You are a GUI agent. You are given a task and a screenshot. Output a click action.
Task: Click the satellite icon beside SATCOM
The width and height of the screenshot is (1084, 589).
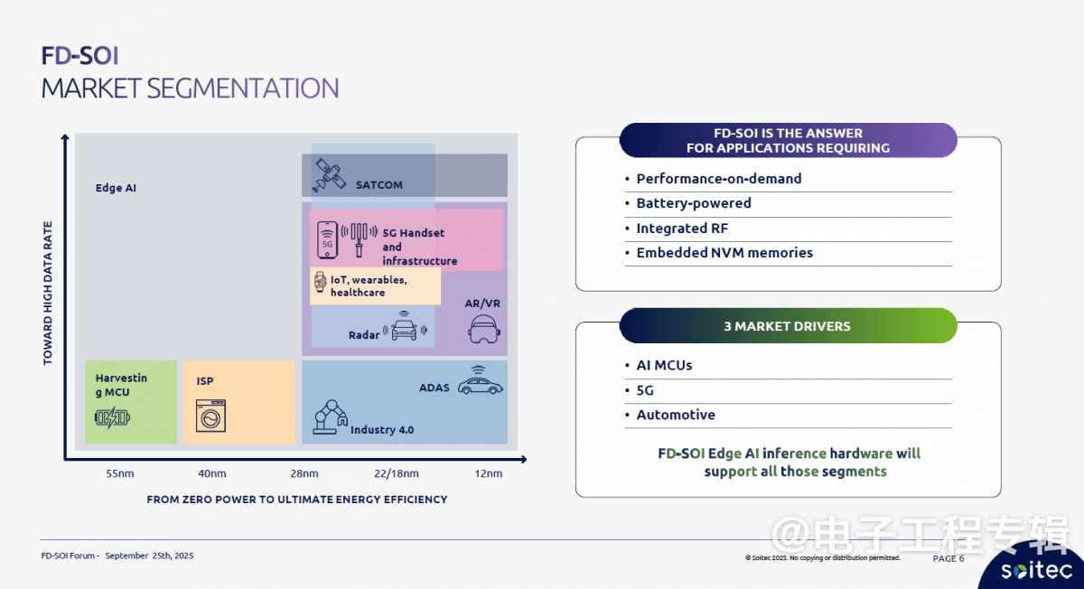tap(329, 174)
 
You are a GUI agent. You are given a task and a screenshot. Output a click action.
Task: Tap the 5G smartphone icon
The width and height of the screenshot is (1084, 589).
tap(327, 240)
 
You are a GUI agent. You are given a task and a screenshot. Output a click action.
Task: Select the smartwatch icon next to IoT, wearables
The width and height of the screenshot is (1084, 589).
tap(320, 282)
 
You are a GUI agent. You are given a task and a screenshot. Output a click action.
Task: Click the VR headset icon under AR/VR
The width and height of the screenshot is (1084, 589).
tap(483, 329)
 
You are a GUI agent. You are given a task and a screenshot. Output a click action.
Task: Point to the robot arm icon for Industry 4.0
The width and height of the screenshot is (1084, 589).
tap(330, 416)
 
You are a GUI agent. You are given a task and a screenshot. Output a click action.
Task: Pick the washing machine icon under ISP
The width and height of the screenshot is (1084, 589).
tap(211, 416)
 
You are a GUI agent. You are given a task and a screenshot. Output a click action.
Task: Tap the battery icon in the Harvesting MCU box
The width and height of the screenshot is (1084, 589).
tap(112, 417)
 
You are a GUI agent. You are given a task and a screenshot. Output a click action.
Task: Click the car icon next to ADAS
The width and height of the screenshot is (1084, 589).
tap(480, 381)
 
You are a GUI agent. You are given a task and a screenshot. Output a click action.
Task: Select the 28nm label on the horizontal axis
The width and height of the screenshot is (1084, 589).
tap(304, 473)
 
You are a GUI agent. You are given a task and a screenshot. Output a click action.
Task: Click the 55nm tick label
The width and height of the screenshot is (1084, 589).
tap(120, 473)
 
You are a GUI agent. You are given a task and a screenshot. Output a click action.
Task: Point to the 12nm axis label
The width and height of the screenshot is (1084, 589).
tap(489, 473)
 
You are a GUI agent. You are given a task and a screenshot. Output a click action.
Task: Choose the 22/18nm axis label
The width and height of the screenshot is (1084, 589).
tap(397, 473)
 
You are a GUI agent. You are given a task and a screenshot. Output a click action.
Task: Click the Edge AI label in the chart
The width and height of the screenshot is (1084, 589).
tap(116, 188)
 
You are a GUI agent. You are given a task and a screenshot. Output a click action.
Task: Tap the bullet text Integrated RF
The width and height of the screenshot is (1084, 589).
tap(682, 228)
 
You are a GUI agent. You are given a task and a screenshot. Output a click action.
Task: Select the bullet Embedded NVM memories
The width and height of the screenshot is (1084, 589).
tap(724, 253)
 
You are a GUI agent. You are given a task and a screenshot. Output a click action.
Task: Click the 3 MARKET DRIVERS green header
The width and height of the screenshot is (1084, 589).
tap(788, 326)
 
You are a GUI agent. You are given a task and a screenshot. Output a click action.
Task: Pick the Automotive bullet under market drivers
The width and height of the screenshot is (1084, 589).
tap(676, 415)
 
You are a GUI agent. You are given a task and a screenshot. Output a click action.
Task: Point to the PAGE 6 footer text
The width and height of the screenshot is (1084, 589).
tap(948, 558)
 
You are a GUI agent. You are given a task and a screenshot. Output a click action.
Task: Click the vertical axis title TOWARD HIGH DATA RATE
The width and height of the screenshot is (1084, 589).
tap(47, 293)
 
